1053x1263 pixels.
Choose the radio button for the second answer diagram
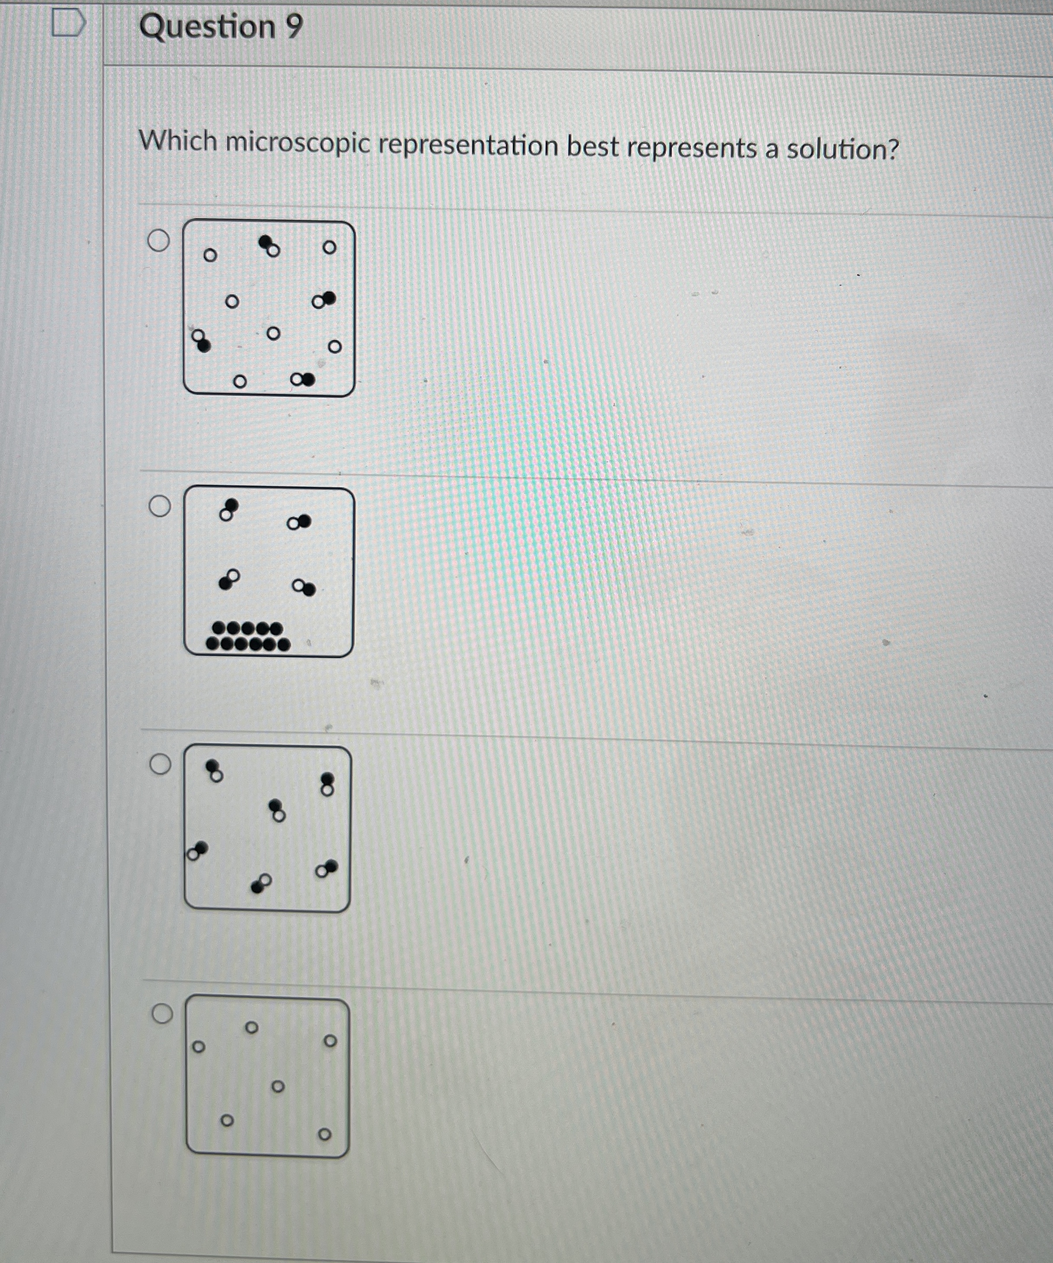160,506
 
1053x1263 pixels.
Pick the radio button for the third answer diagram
161,765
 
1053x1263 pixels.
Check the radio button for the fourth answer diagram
162,1014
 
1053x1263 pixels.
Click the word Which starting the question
177,142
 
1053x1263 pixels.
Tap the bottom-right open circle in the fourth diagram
324,1134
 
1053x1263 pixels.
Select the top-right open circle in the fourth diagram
330,1041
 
